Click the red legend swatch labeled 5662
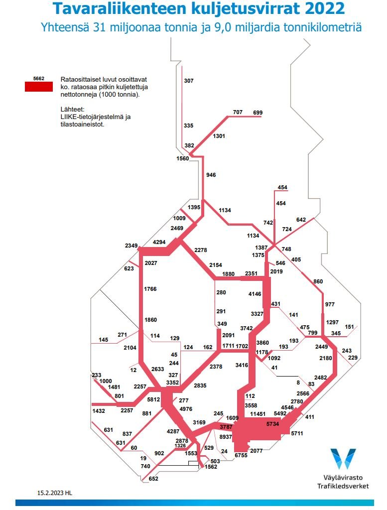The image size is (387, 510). click(38, 87)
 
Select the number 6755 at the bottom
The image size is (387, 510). click(241, 456)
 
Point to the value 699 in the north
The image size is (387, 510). click(258, 113)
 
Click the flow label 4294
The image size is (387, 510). click(159, 242)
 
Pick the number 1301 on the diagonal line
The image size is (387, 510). click(219, 136)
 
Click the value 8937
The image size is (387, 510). click(226, 437)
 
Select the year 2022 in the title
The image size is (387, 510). click(320, 9)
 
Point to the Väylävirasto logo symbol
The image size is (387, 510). click(343, 458)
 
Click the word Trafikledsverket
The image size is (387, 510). click(343, 486)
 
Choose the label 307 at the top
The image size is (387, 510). click(189, 81)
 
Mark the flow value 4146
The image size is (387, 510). click(255, 294)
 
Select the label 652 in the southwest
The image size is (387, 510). click(153, 479)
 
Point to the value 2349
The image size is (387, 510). click(131, 246)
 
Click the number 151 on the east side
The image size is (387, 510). click(350, 327)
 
